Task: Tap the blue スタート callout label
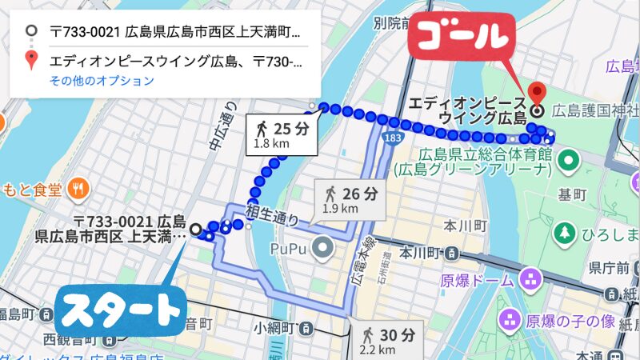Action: [120, 310]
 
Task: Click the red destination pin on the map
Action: [538, 94]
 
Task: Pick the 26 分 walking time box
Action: [350, 199]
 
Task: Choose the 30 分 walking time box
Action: [387, 339]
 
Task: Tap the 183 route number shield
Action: [391, 139]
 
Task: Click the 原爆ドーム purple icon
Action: [529, 280]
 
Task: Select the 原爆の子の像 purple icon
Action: [507, 322]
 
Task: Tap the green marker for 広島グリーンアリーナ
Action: [569, 160]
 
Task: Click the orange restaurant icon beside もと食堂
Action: [78, 190]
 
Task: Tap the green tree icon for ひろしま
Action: [564, 232]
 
